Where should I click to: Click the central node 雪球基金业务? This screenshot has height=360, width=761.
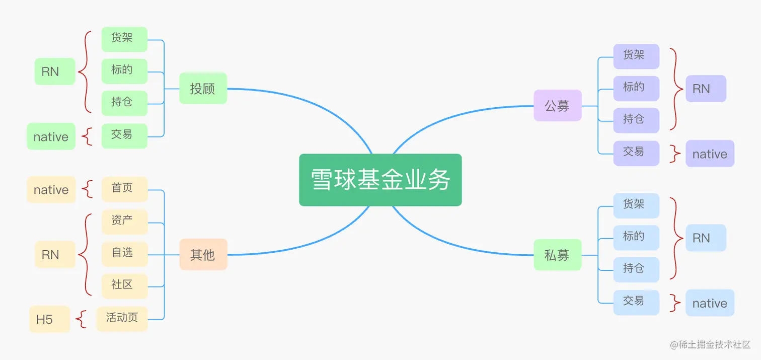click(x=380, y=180)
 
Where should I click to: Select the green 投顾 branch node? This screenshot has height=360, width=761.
click(x=203, y=89)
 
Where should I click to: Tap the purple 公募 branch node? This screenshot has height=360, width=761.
click(x=557, y=106)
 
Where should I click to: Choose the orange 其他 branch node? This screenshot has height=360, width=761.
click(x=203, y=255)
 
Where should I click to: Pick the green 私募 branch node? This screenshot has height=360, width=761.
click(x=557, y=255)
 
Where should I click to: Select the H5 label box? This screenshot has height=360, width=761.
click(x=49, y=319)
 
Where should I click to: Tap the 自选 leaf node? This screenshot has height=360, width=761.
click(x=124, y=253)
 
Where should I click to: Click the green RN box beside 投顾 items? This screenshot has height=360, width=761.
click(x=54, y=71)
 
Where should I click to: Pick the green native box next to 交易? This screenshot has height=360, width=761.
click(x=51, y=136)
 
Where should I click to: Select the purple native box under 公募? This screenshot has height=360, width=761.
click(x=710, y=154)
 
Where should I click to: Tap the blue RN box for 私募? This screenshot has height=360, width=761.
click(x=706, y=238)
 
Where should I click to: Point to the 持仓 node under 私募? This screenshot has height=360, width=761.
click(x=636, y=269)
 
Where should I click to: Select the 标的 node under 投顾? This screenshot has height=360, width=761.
click(x=124, y=71)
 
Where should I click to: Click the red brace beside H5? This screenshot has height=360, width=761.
click(x=81, y=319)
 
